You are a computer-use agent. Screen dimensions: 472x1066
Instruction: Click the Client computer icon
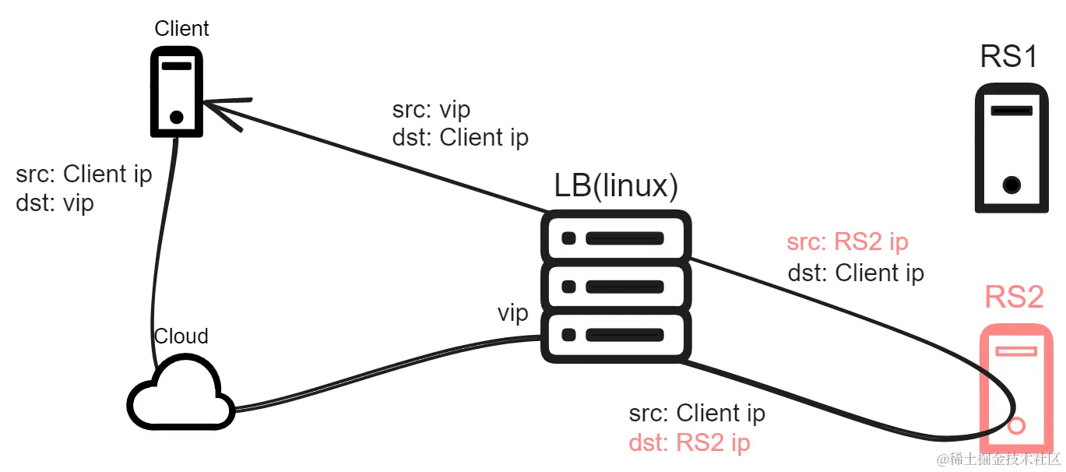click(x=177, y=91)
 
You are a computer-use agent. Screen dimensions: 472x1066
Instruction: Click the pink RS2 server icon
click(x=1016, y=386)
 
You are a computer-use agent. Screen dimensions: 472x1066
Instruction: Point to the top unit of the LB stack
click(x=616, y=237)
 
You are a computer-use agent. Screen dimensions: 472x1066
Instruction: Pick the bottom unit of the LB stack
click(x=616, y=336)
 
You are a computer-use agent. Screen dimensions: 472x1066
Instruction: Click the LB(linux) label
click(x=615, y=186)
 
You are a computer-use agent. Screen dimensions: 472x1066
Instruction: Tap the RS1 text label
click(x=1009, y=56)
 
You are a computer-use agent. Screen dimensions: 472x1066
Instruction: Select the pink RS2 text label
click(x=1014, y=297)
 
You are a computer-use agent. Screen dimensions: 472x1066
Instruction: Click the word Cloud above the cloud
click(x=181, y=336)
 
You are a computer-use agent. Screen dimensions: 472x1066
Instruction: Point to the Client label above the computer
click(x=181, y=29)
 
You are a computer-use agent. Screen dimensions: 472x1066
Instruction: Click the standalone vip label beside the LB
click(x=513, y=314)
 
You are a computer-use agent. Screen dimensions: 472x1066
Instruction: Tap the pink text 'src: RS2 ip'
click(x=847, y=242)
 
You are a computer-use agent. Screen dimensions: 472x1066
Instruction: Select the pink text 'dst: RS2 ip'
click(x=689, y=443)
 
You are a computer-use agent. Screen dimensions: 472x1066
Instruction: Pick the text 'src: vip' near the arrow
click(x=431, y=109)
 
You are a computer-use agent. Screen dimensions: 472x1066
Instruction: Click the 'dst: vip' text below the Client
click(x=55, y=203)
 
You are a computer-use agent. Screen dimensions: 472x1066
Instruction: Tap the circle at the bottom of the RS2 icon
click(x=1016, y=426)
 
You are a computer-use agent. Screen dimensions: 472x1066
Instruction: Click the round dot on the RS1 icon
click(x=1011, y=185)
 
